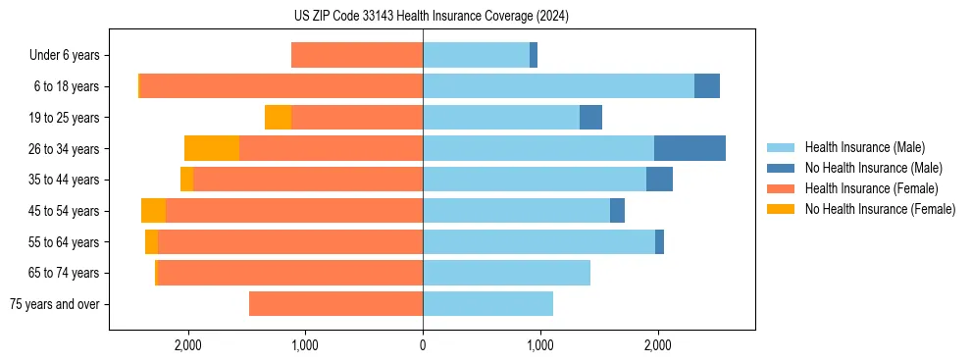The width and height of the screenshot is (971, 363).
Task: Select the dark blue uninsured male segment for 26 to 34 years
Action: (x=690, y=148)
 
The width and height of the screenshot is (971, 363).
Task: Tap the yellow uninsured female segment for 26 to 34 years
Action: (x=212, y=148)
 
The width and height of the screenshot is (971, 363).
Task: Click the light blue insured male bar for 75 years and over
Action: (x=487, y=304)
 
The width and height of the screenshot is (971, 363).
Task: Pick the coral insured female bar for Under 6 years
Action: (x=357, y=55)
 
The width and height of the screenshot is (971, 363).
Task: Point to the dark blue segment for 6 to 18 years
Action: (x=706, y=86)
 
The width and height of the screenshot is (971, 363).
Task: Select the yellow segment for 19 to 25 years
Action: (x=278, y=118)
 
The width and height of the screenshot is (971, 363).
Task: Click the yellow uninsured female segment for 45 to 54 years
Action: (x=153, y=211)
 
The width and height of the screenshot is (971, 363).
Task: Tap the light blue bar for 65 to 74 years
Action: (x=506, y=273)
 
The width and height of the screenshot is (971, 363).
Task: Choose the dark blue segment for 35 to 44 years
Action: (x=659, y=180)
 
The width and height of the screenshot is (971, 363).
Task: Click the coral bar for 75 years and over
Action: (x=335, y=304)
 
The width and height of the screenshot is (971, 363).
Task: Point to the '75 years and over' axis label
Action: (x=54, y=304)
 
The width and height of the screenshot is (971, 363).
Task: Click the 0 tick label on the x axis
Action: (x=423, y=345)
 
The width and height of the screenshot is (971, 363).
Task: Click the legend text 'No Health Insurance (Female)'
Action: (x=880, y=209)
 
